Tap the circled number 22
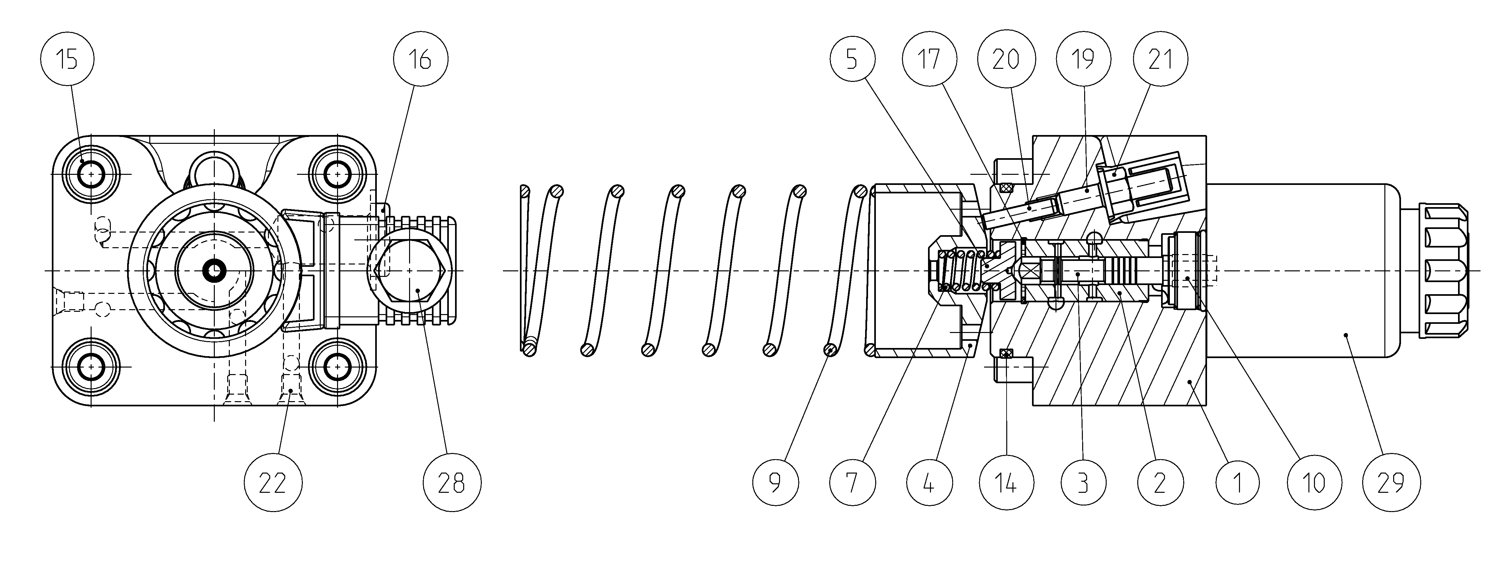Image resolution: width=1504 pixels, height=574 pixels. pos(273,483)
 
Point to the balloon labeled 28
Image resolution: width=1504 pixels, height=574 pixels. pos(451,483)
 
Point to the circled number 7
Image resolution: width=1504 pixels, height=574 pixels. pos(852,483)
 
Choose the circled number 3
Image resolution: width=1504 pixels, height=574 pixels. pos(1084,483)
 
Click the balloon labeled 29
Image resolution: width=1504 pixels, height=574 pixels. pos(1392,483)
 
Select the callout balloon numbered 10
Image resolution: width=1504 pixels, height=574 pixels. pos(1315,483)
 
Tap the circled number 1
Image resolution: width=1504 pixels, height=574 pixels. pos(1238,483)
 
